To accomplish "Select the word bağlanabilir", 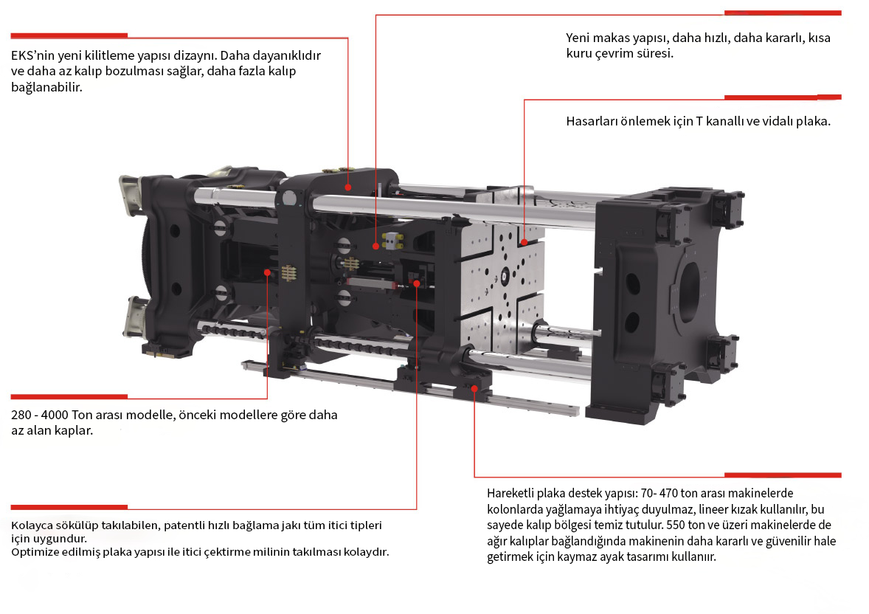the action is click(x=46, y=87).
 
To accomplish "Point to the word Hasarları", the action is click(x=592, y=121).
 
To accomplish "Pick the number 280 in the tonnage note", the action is click(x=21, y=415).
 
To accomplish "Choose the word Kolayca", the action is click(x=32, y=525).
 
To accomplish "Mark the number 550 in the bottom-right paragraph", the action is click(x=676, y=525).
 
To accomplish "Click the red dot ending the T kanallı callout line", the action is click(x=524, y=242).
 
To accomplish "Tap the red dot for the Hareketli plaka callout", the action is click(x=474, y=389).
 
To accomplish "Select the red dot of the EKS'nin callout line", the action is click(x=348, y=187).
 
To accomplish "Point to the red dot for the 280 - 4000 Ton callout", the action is click(x=267, y=272).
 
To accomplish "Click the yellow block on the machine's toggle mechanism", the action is click(x=393, y=240).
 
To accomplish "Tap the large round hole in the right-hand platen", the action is click(x=689, y=292).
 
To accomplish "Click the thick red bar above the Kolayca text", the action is click(x=69, y=507).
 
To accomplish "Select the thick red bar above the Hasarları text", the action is click(x=783, y=97).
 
